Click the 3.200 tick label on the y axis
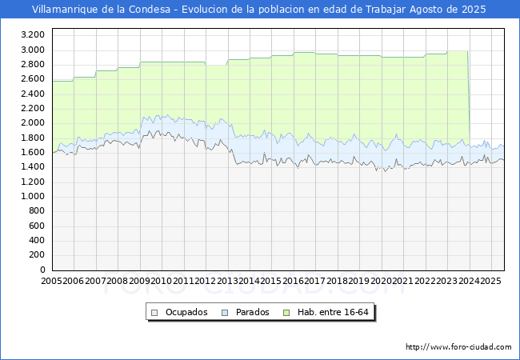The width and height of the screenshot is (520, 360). click(33, 35)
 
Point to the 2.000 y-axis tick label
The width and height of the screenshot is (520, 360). click(33, 122)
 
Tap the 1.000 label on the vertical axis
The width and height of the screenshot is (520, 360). click(33, 196)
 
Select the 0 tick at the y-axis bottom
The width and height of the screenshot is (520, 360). click(42, 270)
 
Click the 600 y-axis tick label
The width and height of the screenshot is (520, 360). click(37, 226)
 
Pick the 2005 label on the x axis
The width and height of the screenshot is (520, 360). click(51, 281)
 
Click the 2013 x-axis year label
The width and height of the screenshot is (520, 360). click(227, 281)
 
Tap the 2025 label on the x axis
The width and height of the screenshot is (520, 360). click(490, 281)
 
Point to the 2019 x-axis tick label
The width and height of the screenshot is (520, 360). click(359, 281)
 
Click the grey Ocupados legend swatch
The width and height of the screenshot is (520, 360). click(154, 313)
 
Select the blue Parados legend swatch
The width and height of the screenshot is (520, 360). click(225, 313)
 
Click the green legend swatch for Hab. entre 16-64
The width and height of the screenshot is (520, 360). click(286, 313)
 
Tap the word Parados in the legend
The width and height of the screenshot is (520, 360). click(252, 312)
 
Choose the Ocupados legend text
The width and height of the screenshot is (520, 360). click(186, 312)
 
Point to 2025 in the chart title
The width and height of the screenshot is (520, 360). click(474, 10)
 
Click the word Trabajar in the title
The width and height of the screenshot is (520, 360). click(386, 10)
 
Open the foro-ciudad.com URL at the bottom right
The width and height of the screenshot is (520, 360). click(458, 347)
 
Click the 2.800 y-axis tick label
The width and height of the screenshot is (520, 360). click(33, 64)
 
